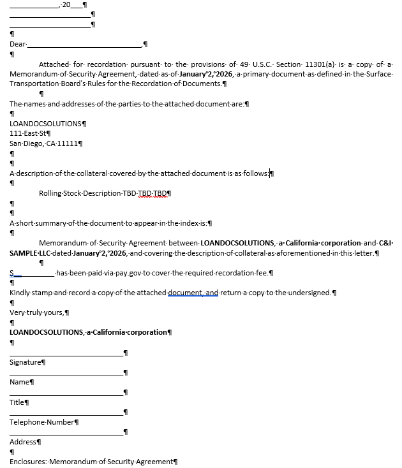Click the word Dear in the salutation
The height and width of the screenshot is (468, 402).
18,44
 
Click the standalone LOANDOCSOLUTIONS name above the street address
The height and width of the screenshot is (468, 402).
45,123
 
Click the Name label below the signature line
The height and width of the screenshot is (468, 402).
20,382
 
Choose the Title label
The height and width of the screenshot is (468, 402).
17,402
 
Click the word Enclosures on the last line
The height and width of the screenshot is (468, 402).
27,461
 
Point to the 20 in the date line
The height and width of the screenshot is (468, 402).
66,5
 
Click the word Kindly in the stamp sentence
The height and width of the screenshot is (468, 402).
21,293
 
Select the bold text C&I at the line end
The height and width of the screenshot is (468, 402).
385,243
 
